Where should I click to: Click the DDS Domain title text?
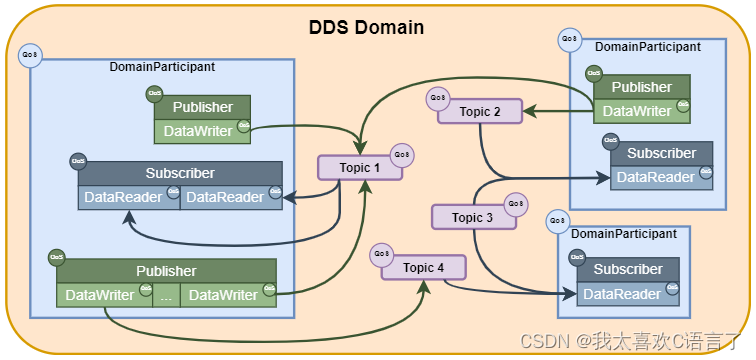(x=366, y=27)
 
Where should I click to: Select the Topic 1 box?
(x=360, y=167)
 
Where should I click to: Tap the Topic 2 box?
(x=480, y=112)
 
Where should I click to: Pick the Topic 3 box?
(x=472, y=217)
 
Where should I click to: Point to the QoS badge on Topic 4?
(x=381, y=254)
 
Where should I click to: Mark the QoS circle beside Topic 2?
(x=436, y=98)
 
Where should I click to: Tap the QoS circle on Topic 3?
(x=515, y=203)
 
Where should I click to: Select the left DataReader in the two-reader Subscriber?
(x=123, y=196)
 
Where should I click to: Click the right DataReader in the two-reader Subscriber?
(x=224, y=196)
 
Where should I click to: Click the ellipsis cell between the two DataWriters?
(x=166, y=295)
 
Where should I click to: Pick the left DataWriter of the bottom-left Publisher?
(x=100, y=295)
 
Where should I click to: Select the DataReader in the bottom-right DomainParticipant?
(x=622, y=294)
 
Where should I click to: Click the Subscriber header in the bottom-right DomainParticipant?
(x=627, y=269)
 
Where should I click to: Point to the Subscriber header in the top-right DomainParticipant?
(x=660, y=153)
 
